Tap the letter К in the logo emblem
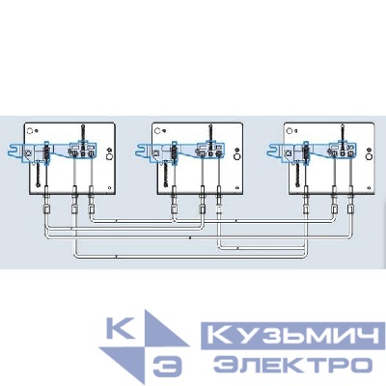click(121, 328)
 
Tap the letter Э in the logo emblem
click(167, 367)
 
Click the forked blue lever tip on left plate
click(14, 151)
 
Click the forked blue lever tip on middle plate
click(142, 151)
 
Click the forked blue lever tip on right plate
click(274, 151)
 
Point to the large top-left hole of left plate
click(30, 131)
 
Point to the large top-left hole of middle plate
click(157, 131)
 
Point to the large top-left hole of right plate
click(289, 131)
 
